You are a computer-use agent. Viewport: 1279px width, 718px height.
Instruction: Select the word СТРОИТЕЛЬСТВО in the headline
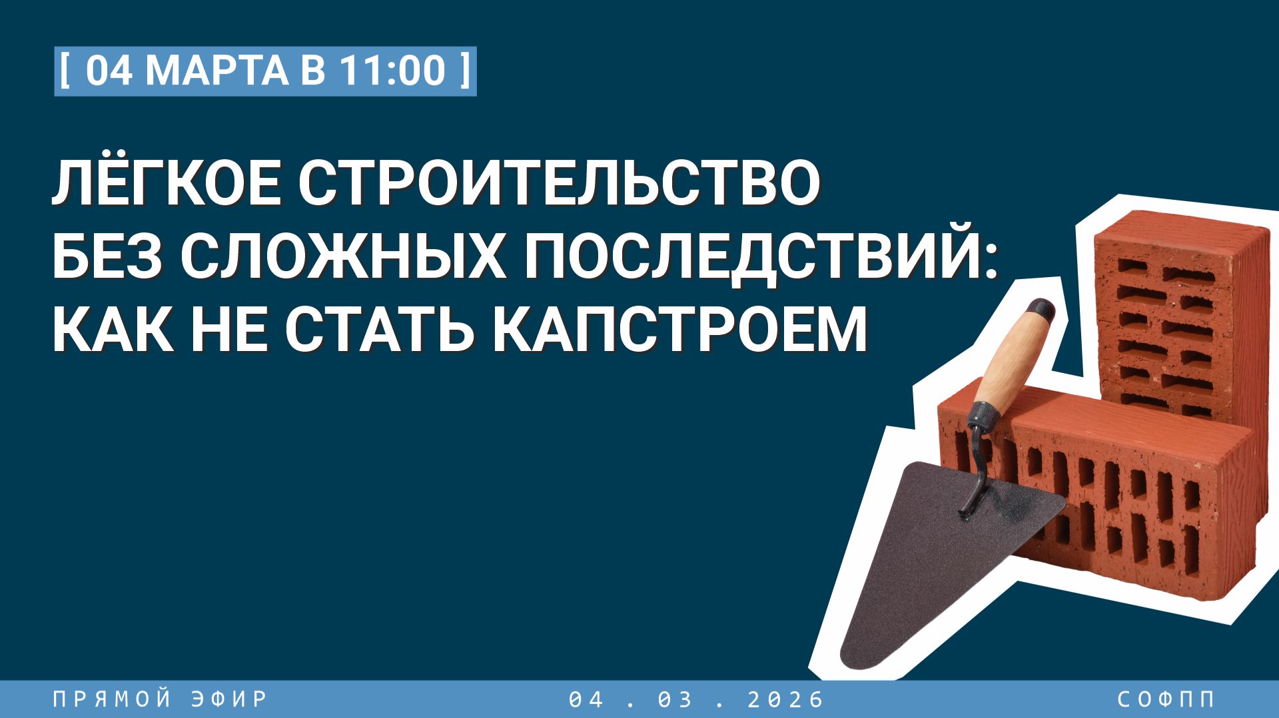point(559,183)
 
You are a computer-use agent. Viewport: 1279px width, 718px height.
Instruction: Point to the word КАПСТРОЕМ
point(680,330)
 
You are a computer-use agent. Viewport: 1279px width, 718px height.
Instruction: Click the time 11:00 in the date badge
point(392,71)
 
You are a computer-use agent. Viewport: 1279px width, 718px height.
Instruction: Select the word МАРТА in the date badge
point(216,71)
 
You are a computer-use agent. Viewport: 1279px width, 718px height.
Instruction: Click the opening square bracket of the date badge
point(65,71)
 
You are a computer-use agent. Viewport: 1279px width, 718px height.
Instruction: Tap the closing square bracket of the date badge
point(465,71)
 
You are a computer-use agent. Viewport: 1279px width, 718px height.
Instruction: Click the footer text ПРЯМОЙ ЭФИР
point(160,699)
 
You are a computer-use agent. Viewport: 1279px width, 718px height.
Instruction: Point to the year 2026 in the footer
point(786,699)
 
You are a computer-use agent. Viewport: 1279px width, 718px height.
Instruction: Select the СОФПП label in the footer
point(1166,699)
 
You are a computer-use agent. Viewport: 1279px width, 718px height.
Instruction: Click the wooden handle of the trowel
point(1013,360)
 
